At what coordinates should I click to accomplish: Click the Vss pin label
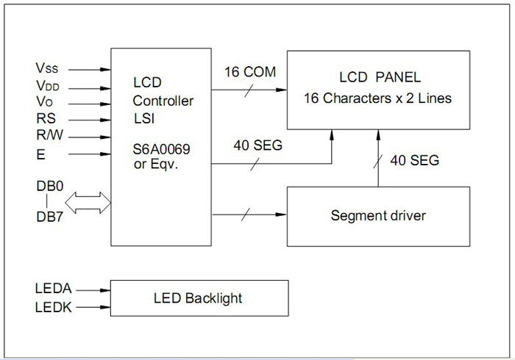tap(47, 68)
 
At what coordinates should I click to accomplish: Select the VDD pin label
tap(48, 85)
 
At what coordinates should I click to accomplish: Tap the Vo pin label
tap(44, 102)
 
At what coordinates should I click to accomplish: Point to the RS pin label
tap(45, 119)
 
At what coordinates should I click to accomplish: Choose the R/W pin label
tap(49, 136)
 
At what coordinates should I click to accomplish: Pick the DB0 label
tap(50, 187)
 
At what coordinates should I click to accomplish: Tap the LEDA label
tap(54, 290)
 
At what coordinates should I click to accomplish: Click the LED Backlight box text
tap(198, 298)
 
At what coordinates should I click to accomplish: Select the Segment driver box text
tap(378, 216)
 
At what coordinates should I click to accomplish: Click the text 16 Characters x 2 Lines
tap(378, 97)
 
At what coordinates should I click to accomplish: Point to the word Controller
tap(163, 100)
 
